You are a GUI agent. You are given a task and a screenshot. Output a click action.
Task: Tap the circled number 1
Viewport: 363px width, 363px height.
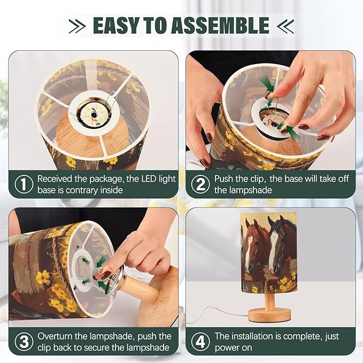pyautogui.click(x=24, y=184)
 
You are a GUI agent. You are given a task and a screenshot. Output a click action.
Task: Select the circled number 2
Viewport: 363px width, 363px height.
pyautogui.click(x=200, y=184)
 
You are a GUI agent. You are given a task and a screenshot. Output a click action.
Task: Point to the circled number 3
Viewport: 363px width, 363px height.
pyautogui.click(x=24, y=342)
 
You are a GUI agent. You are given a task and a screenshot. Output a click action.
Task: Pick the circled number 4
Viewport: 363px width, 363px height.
pyautogui.click(x=200, y=342)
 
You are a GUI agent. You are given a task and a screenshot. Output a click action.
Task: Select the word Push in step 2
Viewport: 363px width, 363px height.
pyautogui.click(x=224, y=179)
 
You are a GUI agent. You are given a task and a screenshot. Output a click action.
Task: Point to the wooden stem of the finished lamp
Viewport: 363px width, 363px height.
pyautogui.click(x=269, y=301)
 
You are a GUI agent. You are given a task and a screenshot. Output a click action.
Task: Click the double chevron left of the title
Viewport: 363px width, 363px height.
pyautogui.click(x=78, y=26)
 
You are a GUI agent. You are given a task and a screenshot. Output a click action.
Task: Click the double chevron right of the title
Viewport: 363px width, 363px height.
pyautogui.click(x=285, y=26)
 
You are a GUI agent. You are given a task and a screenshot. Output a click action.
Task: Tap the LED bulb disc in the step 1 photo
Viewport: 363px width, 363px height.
pyautogui.click(x=94, y=113)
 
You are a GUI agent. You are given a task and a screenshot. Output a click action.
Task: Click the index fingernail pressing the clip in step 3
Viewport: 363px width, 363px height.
pyautogui.click(x=105, y=275)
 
